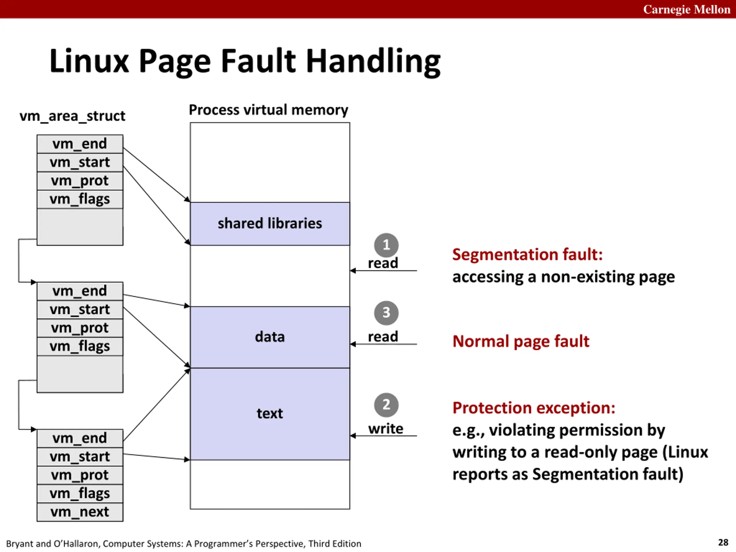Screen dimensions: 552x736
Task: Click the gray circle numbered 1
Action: click(x=386, y=245)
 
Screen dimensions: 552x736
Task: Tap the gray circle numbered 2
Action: click(x=386, y=405)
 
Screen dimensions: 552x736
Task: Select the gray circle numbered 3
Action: click(x=386, y=313)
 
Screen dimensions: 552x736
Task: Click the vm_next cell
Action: click(x=80, y=512)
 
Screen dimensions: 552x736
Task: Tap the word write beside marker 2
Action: click(x=386, y=429)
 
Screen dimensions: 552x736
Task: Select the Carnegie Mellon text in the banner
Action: click(x=687, y=9)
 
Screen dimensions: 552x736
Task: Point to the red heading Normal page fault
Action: click(x=521, y=341)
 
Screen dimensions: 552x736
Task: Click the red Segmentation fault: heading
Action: click(x=527, y=254)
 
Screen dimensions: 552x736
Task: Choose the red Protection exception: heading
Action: click(x=534, y=408)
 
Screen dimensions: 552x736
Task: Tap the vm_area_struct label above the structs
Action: click(x=72, y=116)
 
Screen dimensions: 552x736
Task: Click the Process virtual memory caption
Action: click(x=268, y=110)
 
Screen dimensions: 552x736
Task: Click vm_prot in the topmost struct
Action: click(x=80, y=181)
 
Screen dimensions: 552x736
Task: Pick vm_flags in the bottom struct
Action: click(x=80, y=493)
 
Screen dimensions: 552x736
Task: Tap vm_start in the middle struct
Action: click(x=80, y=309)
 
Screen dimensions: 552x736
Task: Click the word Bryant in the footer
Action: click(x=20, y=544)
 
